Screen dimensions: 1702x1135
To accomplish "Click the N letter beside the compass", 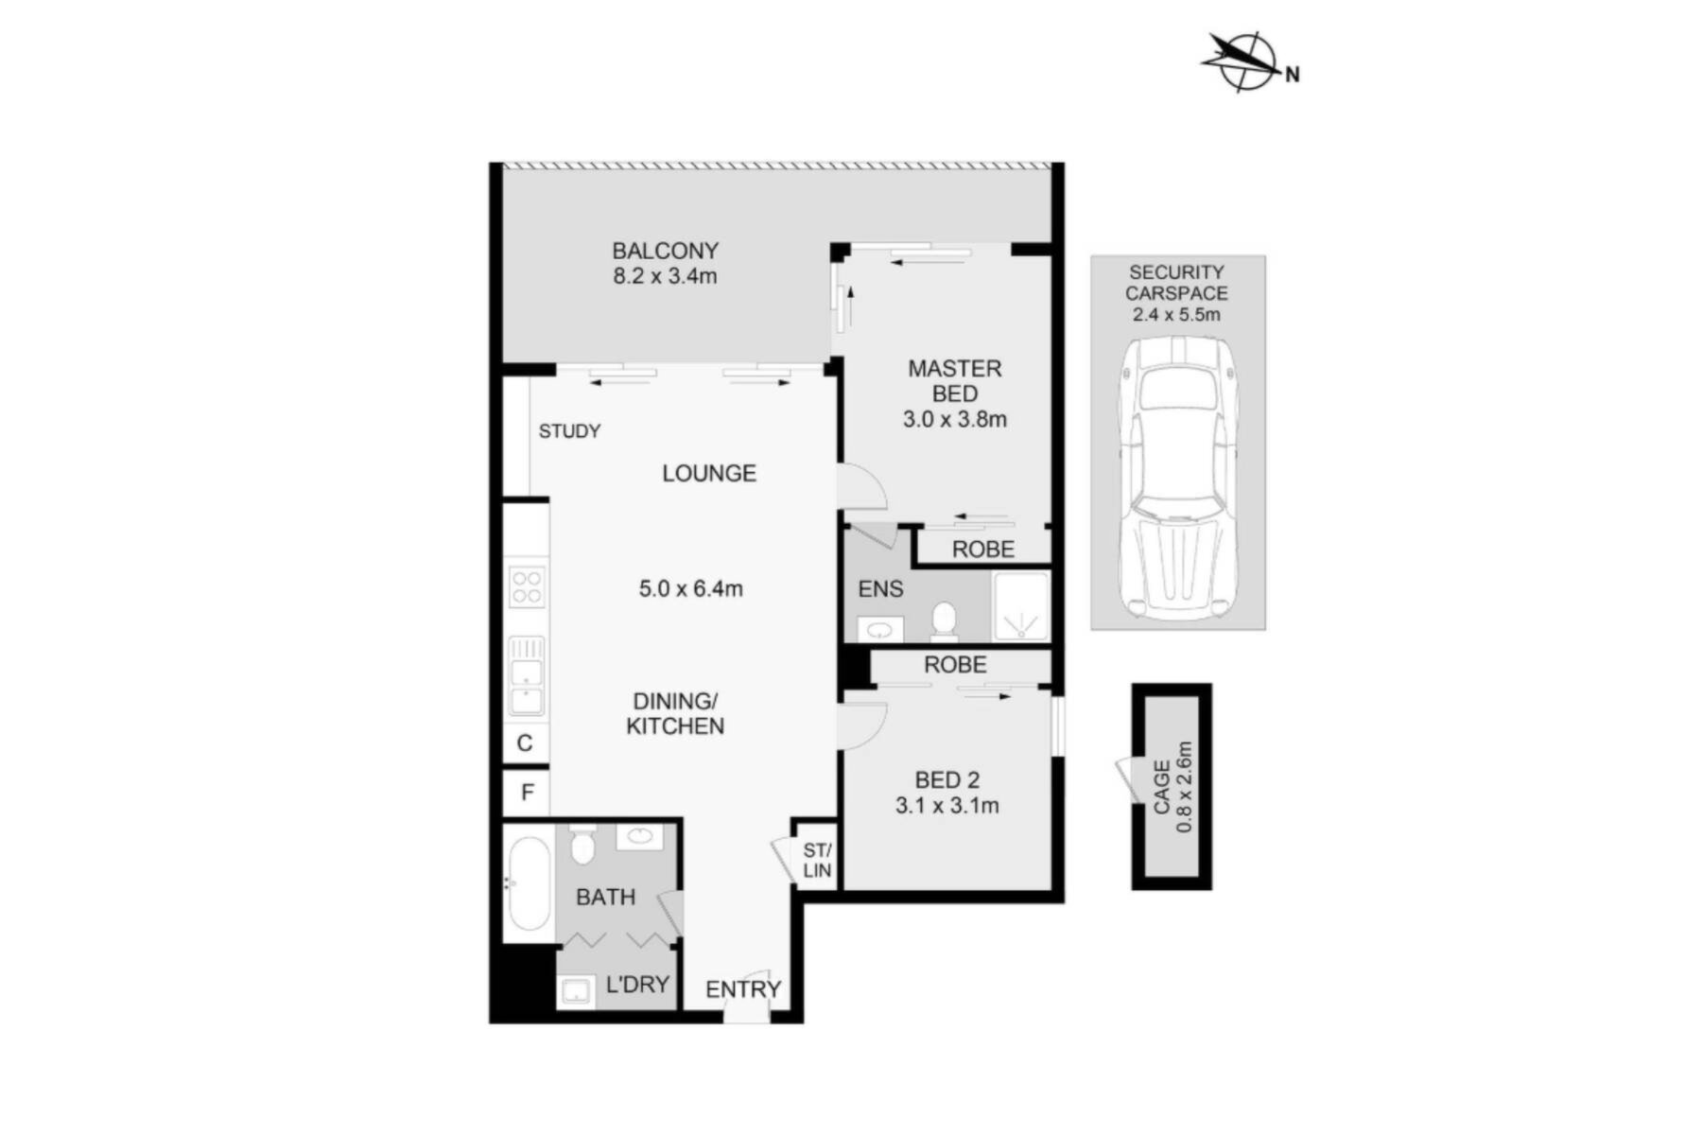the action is tap(1292, 74).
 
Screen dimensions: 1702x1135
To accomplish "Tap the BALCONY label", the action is tap(666, 251).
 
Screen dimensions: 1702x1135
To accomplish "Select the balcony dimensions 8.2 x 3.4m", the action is tap(666, 276).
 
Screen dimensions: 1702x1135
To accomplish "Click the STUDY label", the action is tap(569, 431).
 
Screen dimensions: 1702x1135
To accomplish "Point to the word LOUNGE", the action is tap(709, 473).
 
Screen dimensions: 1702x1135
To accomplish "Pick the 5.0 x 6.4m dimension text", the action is tap(691, 588).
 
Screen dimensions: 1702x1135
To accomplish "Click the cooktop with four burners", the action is tap(527, 585).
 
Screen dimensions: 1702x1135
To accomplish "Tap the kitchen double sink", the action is tap(527, 675).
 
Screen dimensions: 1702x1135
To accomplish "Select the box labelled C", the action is tap(526, 743).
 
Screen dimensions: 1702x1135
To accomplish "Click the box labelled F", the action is tap(527, 793).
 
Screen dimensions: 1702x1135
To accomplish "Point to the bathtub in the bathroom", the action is tap(528, 885).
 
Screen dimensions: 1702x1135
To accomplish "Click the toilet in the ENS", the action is tap(944, 620).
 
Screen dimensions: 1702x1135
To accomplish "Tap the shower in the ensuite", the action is tap(1020, 606).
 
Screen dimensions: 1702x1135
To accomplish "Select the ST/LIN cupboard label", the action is tap(817, 861).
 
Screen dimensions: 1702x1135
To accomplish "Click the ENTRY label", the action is tap(743, 989).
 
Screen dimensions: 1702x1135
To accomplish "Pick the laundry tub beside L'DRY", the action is tap(576, 990).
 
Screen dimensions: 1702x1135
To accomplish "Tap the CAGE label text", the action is tap(1162, 787).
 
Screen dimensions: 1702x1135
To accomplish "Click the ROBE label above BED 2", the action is tap(955, 665).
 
